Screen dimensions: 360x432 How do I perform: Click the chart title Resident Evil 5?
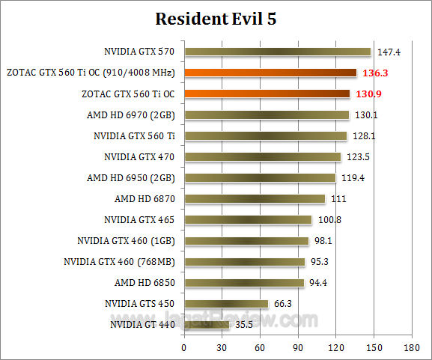tap(216, 19)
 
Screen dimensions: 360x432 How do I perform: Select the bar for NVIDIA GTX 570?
tap(277, 52)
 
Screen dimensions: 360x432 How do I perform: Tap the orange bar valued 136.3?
tap(270, 73)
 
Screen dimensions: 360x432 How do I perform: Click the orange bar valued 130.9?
tap(267, 94)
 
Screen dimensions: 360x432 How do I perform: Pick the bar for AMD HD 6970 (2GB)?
tap(267, 115)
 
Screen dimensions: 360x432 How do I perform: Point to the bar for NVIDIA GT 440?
tap(207, 325)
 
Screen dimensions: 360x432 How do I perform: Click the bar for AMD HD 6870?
tap(255, 198)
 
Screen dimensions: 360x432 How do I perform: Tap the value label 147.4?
tap(388, 52)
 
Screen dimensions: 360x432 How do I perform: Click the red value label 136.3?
tap(374, 73)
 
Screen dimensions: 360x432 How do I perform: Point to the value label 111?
tap(338, 199)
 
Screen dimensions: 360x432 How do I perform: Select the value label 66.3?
tap(283, 304)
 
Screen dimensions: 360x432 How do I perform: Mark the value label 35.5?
tap(244, 325)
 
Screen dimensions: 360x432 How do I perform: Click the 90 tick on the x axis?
tap(298, 348)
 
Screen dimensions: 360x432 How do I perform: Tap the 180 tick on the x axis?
tap(411, 348)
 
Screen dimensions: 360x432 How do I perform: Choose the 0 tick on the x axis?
tap(184, 348)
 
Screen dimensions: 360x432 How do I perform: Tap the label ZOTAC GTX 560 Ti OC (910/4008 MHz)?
tap(90, 73)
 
